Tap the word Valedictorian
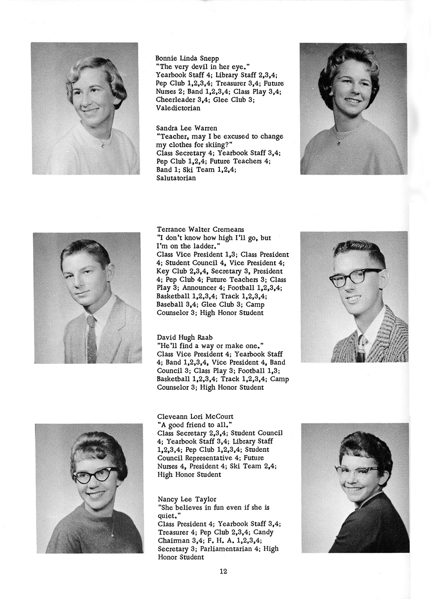coord(178,108)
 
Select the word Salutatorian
coord(176,178)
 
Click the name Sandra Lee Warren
coord(187,128)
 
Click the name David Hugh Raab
coord(184,337)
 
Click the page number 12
coord(223,572)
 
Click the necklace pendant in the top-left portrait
coord(103,145)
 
